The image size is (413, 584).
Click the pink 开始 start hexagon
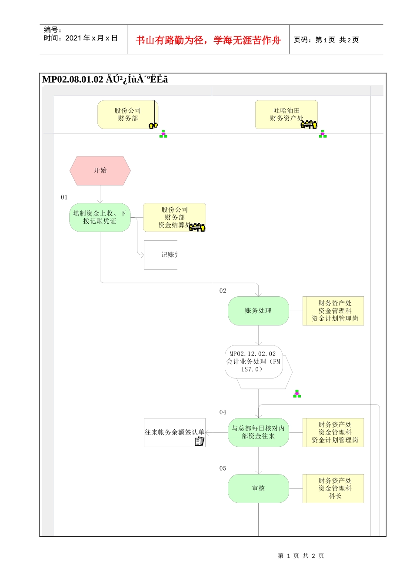pyautogui.click(x=100, y=170)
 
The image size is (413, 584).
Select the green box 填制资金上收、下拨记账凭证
pyautogui.click(x=100, y=217)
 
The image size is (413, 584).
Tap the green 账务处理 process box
pyautogui.click(x=258, y=311)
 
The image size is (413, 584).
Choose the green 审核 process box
pyautogui.click(x=258, y=488)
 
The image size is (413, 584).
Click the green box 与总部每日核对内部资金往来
pyautogui.click(x=258, y=432)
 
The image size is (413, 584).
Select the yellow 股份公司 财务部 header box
pyautogui.click(x=127, y=115)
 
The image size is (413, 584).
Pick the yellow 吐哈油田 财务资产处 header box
pyautogui.click(x=286, y=115)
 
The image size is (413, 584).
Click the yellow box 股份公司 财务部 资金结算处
pyautogui.click(x=174, y=217)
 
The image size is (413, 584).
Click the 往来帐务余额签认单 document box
pyautogui.click(x=174, y=432)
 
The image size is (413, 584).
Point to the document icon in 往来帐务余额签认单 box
pyautogui.click(x=199, y=441)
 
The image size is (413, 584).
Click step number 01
pyautogui.click(x=64, y=197)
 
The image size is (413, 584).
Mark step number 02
pyautogui.click(x=223, y=291)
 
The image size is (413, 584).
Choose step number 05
pyautogui.click(x=223, y=468)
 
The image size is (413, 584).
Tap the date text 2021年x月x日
pyautogui.click(x=91, y=38)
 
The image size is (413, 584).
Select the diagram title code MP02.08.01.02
pyautogui.click(x=73, y=80)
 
